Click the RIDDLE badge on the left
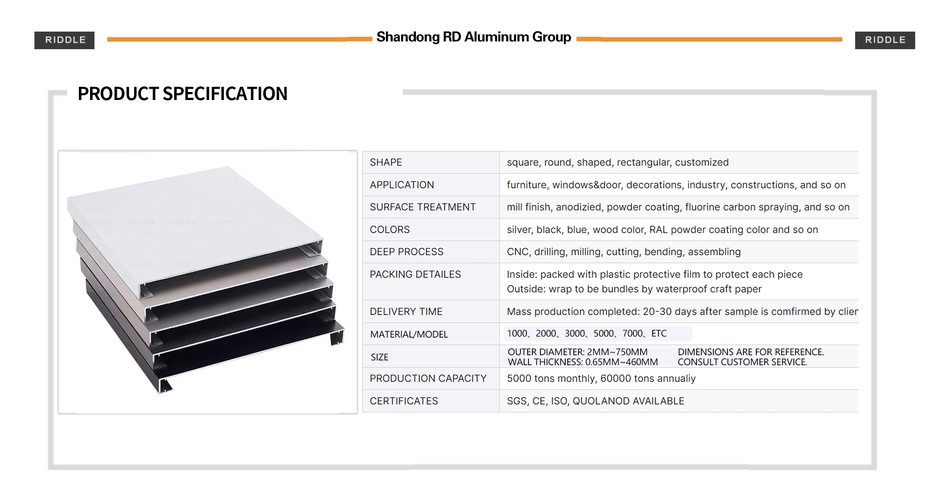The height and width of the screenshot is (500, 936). (64, 40)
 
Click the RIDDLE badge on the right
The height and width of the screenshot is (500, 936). (885, 40)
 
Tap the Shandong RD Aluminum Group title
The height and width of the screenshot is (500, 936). (474, 37)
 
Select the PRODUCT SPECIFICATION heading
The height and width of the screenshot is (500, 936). (183, 94)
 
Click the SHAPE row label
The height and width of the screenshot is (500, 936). (386, 162)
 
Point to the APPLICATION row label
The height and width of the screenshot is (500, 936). (402, 185)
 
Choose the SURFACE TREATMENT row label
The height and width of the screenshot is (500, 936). (423, 207)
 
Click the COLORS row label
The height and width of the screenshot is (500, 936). (390, 230)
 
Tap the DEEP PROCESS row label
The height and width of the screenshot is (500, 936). (407, 252)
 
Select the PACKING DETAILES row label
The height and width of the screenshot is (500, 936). (416, 274)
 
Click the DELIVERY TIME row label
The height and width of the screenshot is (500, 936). (406, 312)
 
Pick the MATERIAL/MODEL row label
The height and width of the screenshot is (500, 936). (409, 334)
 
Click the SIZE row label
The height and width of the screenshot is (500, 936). (380, 357)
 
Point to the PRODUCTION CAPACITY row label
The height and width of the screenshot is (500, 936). (428, 378)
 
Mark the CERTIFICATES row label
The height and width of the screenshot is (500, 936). (404, 401)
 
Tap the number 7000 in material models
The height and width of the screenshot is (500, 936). (633, 334)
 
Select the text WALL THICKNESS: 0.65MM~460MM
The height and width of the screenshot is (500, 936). (583, 362)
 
